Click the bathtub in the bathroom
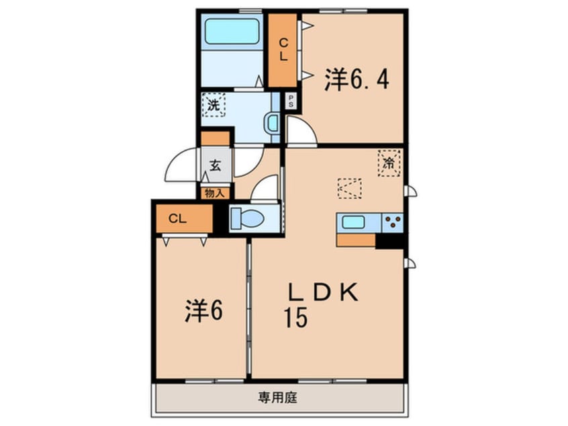[x=232, y=31]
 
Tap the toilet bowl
[x=248, y=218]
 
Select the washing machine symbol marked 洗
[x=214, y=105]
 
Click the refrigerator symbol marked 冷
[x=389, y=163]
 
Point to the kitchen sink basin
[x=354, y=222]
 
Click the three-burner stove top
[x=392, y=222]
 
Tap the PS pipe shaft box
[x=291, y=101]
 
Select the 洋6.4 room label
[x=357, y=79]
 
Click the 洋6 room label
[x=203, y=310]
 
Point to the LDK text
[x=323, y=292]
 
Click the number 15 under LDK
[x=296, y=318]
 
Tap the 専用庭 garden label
[x=277, y=398]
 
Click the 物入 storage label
[x=215, y=194]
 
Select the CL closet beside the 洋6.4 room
[x=283, y=50]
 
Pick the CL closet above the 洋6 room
[x=185, y=218]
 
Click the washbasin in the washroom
[x=272, y=123]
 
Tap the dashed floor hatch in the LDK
[x=350, y=188]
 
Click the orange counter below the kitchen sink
[x=356, y=240]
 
